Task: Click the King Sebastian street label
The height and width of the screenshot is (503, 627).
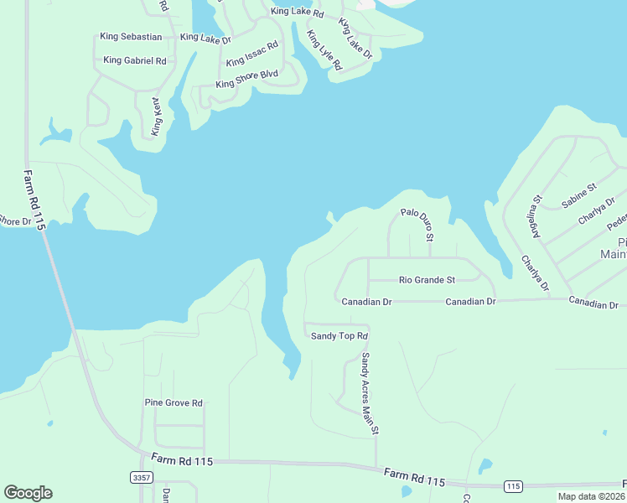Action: coord(131,37)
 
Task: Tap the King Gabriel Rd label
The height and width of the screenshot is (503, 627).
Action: coord(135,60)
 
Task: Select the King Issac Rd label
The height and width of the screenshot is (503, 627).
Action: coord(251,54)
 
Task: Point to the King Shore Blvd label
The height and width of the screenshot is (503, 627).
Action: coord(246,79)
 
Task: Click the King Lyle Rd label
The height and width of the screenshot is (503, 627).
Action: coord(324,50)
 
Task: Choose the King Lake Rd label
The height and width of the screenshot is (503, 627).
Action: coord(297,13)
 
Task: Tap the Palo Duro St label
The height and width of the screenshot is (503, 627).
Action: coord(417,225)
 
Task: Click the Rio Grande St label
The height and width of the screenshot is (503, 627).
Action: coord(427,280)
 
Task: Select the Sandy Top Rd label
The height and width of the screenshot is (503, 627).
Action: coord(339,336)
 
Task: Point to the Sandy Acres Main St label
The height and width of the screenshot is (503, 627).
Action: coord(370,392)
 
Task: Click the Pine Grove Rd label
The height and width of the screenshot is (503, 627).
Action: coord(174,403)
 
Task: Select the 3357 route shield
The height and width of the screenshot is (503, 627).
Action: coord(142,477)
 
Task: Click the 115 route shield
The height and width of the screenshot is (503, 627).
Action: coord(513,486)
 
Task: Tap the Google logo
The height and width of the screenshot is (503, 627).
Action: coord(28,493)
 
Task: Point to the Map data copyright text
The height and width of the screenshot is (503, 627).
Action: coord(592,496)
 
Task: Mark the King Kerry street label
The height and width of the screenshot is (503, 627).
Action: coord(155,117)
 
